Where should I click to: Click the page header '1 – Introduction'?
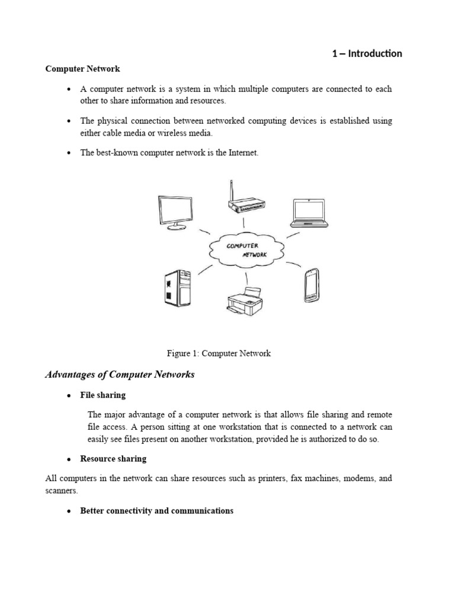[367, 54]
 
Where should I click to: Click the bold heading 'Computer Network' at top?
[83, 69]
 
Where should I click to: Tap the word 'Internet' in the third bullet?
[243, 153]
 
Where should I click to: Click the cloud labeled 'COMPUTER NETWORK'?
[246, 249]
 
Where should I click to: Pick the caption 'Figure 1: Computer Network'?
[219, 353]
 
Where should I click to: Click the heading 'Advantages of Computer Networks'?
[120, 375]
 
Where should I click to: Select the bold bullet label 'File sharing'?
[103, 395]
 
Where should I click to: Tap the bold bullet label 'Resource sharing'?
[113, 459]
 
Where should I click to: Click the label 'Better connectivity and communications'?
[156, 510]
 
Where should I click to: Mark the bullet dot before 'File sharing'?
[69, 395]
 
